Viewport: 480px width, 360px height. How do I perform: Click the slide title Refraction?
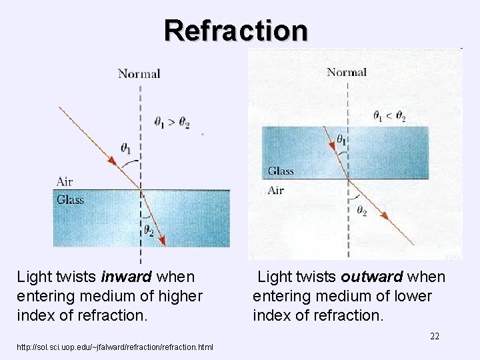[x=236, y=30]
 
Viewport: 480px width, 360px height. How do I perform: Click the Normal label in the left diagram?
[x=139, y=74]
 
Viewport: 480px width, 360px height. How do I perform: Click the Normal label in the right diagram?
[x=347, y=72]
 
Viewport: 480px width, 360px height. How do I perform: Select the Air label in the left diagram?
[x=65, y=181]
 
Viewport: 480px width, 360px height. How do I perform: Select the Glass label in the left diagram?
[x=70, y=199]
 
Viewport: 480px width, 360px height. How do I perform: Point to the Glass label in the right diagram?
[x=281, y=171]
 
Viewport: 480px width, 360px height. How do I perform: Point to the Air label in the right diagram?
[x=275, y=191]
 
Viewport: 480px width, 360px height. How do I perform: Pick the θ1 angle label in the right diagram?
[x=341, y=140]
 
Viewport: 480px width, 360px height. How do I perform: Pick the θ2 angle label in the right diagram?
[x=361, y=211]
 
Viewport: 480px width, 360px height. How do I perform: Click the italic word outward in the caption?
[x=371, y=276]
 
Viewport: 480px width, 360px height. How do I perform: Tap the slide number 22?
[x=434, y=336]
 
